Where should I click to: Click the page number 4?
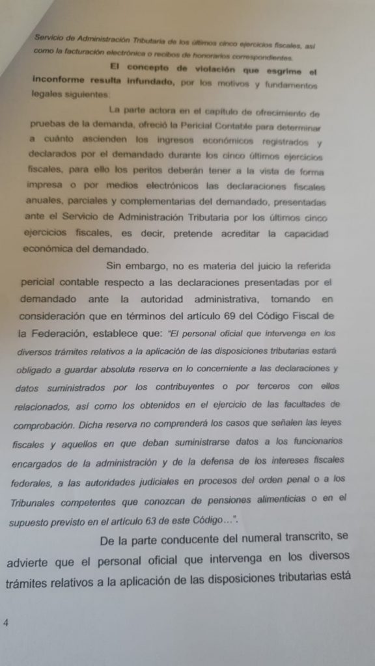6,622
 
